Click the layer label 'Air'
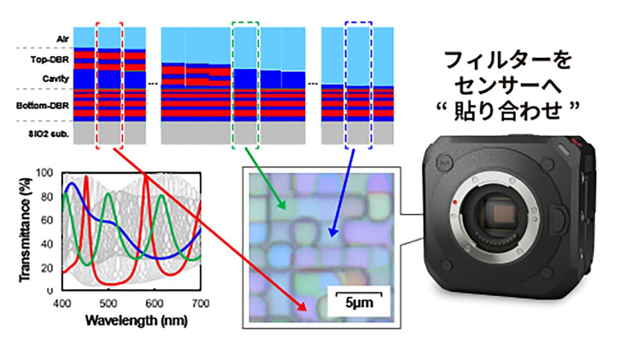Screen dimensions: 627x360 point(63,38)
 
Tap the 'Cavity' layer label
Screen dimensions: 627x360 point(59,78)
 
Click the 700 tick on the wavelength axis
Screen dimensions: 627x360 point(201,302)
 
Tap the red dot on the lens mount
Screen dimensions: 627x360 point(456,201)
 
